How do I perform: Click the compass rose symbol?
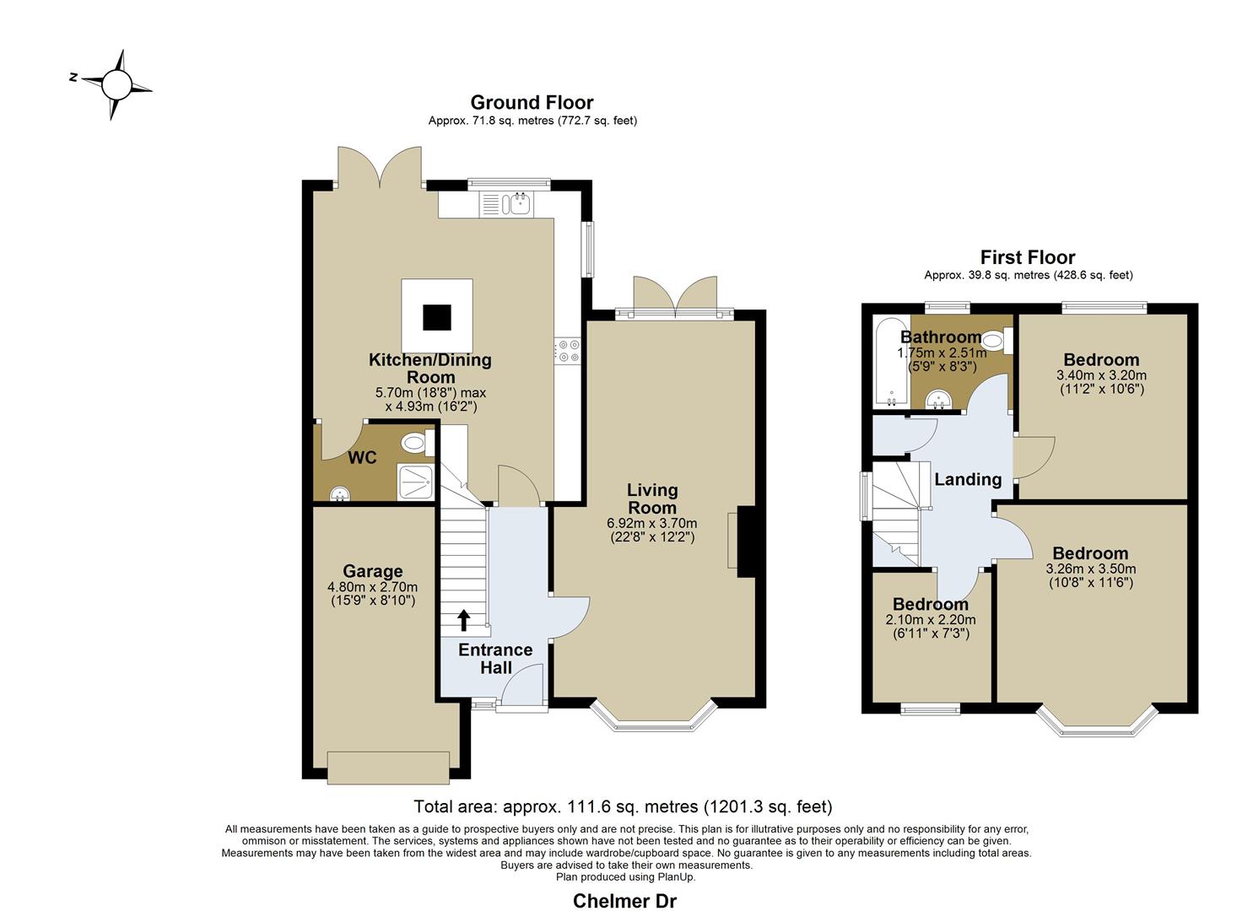116,85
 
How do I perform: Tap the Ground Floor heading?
532,102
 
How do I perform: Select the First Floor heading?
1028,257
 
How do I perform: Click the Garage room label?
373,571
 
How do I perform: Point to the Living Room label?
652,499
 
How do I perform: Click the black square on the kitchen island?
437,317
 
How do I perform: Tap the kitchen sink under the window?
518,204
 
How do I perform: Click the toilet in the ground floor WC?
418,444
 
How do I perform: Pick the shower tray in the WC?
415,482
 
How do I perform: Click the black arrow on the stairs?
464,620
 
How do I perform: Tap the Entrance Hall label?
495,658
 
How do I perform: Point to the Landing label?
968,479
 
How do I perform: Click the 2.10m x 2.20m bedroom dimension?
930,620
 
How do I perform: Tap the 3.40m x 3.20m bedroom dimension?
1101,375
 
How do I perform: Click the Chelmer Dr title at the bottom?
625,901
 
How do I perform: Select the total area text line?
624,806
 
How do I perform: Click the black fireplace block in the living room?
747,542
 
